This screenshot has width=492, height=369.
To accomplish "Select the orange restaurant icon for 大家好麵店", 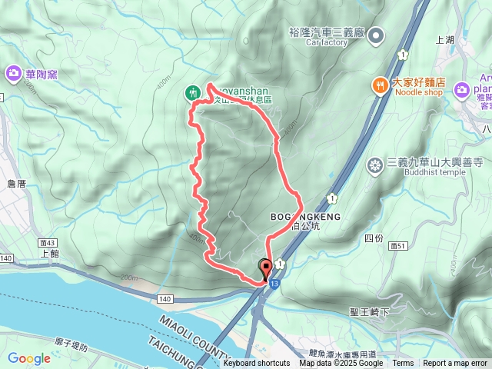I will pos(381,85).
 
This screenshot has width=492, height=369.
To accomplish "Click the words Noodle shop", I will pos(419,92).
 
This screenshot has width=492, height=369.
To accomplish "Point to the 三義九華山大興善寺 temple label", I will pos(434,162).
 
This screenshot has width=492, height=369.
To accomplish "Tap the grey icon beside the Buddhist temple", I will pos(375,165).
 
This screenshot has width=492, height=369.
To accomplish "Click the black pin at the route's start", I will pos(267,269).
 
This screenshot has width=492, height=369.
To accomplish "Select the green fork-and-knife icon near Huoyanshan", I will pos(191,92).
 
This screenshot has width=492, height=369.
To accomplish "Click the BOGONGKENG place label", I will pos(300,218).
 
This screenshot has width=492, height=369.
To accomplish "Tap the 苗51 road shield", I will pos(397,244).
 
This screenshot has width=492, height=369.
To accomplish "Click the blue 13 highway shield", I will pos(275,284).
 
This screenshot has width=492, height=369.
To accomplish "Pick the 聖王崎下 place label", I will pos(370,311).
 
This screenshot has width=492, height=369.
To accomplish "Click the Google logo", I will pos(29,358).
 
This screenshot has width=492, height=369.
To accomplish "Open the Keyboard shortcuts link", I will pos(257,364).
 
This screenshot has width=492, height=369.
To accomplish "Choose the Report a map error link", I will pos(456,364).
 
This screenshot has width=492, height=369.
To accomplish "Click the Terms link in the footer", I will pos(403,364).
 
